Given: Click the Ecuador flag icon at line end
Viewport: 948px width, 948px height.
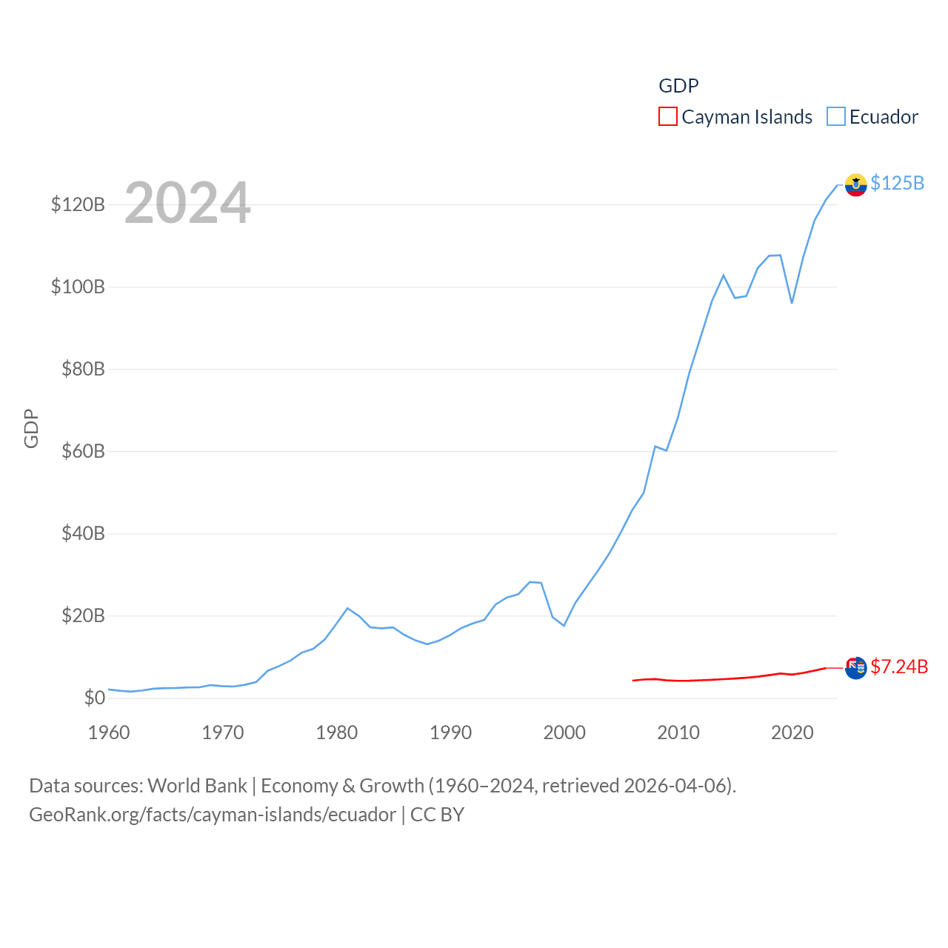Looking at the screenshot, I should tap(855, 185).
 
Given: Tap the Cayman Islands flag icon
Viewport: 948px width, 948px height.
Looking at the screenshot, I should tap(855, 668).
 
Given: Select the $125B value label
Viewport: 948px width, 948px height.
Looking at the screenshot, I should tap(897, 183).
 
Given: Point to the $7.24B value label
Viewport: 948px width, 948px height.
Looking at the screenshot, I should tap(899, 667).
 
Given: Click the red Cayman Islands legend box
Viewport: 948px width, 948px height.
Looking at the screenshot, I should tap(667, 117).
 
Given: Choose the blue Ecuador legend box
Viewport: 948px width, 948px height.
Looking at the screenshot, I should tap(835, 117).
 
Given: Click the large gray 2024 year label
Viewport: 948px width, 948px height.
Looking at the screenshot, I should tap(187, 203).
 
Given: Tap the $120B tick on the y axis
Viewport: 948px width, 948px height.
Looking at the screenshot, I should tap(78, 204).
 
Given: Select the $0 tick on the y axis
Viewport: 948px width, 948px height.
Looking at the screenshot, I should tap(94, 698).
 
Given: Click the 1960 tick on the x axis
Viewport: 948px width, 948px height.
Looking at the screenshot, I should tap(109, 732).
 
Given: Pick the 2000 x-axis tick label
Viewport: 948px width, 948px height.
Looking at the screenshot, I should tap(564, 732).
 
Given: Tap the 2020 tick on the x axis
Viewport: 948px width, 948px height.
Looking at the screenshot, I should tap(792, 732).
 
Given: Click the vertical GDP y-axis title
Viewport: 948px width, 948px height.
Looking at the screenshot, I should tap(31, 428).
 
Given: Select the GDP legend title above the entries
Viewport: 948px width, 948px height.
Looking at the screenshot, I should tap(678, 86).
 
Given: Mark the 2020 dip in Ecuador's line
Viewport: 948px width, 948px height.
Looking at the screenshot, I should tap(792, 302).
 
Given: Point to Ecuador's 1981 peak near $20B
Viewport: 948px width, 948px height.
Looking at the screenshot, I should tap(347, 608).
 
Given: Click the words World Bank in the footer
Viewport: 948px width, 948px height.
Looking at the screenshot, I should tap(197, 786).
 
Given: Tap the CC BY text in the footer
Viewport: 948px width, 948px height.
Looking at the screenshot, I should tap(437, 815).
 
